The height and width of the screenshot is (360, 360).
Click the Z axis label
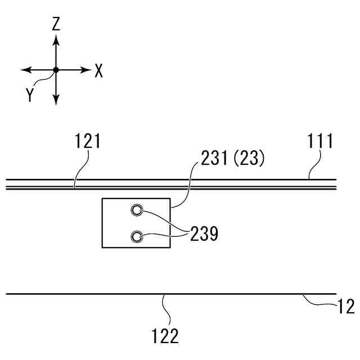pos(56,24)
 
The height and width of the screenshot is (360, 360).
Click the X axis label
pos(99,71)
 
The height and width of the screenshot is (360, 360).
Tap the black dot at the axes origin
pos(56,70)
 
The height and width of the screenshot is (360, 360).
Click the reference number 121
pos(87,141)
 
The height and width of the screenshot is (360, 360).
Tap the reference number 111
pos(321,141)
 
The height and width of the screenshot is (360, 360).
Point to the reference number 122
pos(165,336)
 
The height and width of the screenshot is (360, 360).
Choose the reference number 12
pos(346,307)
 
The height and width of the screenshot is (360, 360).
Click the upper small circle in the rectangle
pos(137,211)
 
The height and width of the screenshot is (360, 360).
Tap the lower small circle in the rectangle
pos(137,237)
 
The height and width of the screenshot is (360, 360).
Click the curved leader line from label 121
pos(80,169)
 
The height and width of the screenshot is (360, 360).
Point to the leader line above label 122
pos(163,308)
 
